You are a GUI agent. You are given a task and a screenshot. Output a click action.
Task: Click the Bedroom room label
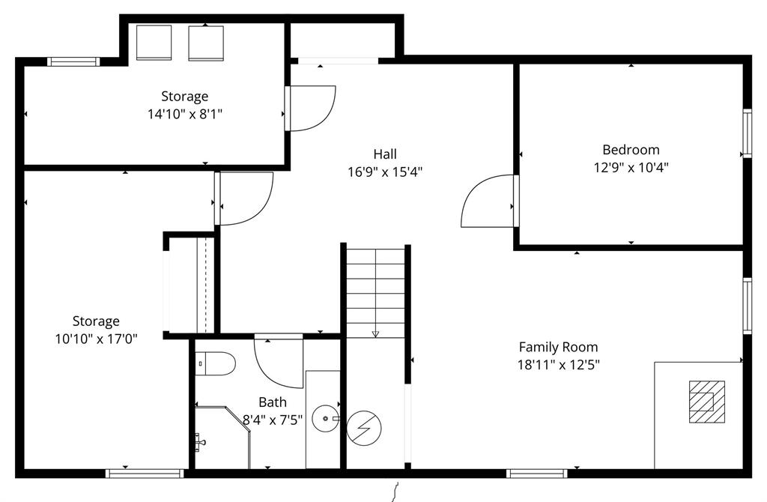pos(631,150)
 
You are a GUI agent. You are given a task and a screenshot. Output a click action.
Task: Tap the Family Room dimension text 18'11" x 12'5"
pos(559,365)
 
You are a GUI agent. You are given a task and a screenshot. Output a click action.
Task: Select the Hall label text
pos(385,154)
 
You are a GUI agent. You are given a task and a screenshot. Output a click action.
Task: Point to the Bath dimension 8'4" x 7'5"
pos(273,420)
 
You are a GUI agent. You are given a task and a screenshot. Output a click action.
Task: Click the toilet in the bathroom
pos(215,363)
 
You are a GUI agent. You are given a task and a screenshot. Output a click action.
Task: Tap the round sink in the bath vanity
pos(325,419)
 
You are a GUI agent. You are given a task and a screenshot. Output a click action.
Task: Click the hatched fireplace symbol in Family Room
pos(707,402)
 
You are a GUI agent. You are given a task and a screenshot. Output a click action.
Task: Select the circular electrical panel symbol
pos(364,428)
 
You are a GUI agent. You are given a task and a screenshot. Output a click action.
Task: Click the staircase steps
pos(376,293)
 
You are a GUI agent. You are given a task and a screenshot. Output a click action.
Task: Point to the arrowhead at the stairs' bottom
pos(376,334)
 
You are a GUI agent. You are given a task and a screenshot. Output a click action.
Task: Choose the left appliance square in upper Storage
pos(154,43)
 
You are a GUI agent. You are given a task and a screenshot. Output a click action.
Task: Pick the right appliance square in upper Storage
pos(206,43)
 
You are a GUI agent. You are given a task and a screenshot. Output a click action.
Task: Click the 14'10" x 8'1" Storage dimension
pos(185,115)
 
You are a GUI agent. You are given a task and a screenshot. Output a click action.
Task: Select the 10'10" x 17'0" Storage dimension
pos(97,339)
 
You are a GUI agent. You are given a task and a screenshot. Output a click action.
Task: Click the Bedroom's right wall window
pos(747,133)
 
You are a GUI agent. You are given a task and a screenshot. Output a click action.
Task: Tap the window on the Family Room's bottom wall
pos(536,473)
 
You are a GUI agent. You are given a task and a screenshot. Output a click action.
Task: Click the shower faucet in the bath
pos(200,442)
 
